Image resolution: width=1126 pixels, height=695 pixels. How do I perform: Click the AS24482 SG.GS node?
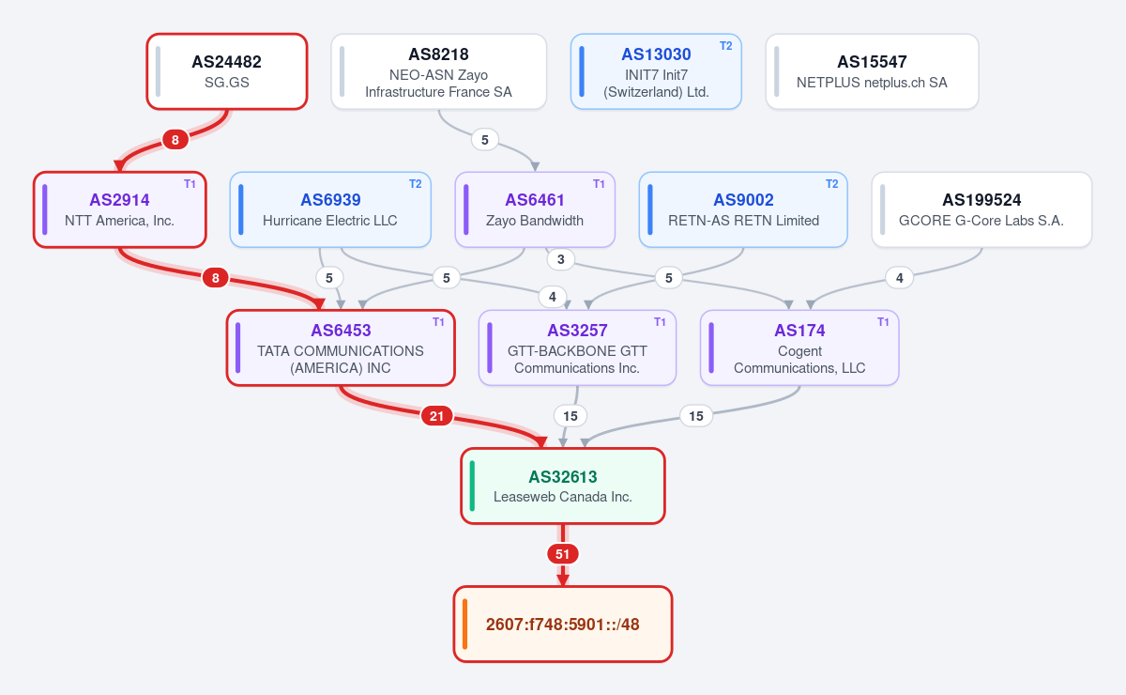point(227,71)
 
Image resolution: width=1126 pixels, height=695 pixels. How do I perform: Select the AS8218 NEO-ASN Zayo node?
point(438,71)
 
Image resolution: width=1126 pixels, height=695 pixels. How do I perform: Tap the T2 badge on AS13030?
point(725,46)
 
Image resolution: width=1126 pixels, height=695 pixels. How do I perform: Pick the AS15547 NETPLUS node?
point(872,71)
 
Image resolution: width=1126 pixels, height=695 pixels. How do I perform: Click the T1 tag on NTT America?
point(190,184)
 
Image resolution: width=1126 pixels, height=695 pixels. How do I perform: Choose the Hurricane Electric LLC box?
point(330,209)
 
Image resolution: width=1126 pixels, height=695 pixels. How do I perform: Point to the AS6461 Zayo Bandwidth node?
point(535,209)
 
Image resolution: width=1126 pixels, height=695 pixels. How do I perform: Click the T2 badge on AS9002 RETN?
point(831,184)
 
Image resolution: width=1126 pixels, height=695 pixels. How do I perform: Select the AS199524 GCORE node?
point(981,209)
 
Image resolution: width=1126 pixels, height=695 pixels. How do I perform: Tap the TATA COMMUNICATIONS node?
point(341,347)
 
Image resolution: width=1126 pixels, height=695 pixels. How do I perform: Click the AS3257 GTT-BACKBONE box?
point(577,347)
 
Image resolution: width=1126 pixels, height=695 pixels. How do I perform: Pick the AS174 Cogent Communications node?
point(799,347)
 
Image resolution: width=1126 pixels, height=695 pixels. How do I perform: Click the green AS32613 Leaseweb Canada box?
point(562,486)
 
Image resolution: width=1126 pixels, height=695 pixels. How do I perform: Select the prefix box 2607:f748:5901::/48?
point(562,624)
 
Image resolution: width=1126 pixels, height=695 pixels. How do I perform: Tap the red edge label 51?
point(562,554)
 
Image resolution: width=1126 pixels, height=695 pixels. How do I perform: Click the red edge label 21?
point(436,416)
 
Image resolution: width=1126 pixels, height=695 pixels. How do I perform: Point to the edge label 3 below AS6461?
point(560,259)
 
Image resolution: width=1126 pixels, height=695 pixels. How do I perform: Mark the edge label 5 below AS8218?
point(484,140)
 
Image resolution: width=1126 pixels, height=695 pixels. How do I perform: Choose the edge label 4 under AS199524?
point(899,278)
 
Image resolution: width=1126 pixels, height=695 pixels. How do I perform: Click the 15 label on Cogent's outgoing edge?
point(695,416)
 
